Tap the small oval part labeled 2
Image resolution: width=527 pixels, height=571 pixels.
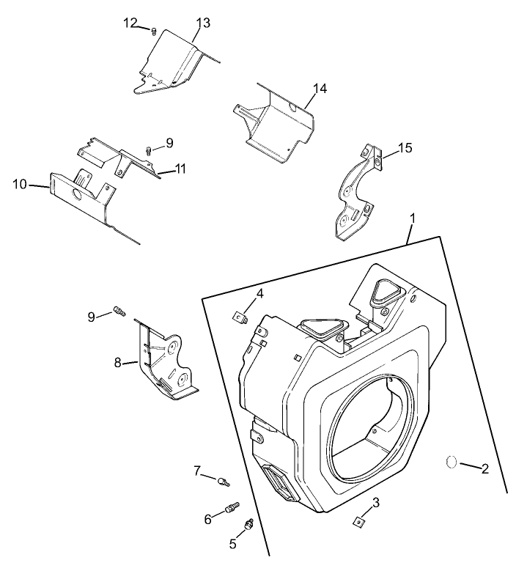(x=452, y=462)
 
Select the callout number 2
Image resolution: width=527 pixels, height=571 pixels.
(x=484, y=468)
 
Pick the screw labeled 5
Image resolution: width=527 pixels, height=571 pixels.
(x=249, y=524)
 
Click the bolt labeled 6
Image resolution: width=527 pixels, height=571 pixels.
(x=232, y=506)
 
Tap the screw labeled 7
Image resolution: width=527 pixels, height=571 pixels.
(x=224, y=481)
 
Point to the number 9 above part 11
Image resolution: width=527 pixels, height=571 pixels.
(x=169, y=142)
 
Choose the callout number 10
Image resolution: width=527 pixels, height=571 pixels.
(x=20, y=184)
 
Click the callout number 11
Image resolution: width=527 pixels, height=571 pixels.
(x=180, y=169)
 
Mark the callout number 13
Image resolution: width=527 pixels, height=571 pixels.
(x=203, y=23)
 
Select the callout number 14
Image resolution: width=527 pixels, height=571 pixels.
(x=320, y=89)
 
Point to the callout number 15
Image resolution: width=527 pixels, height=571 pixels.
(x=405, y=148)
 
